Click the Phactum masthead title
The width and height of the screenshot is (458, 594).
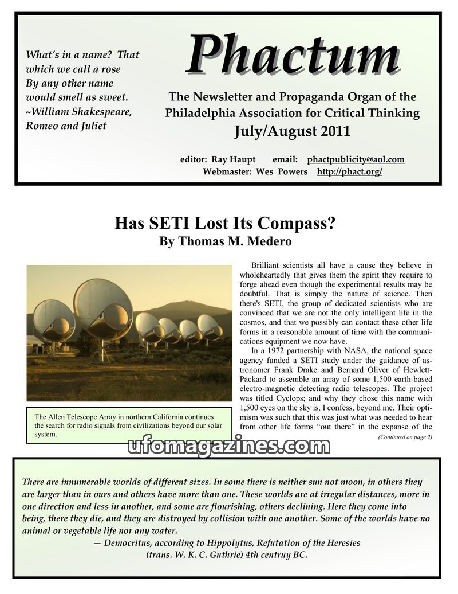(292, 56)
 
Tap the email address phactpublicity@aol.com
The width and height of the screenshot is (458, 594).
(356, 159)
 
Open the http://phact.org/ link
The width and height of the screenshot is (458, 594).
(349, 171)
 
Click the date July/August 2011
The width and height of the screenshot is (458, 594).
(292, 131)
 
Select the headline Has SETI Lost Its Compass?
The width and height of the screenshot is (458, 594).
(225, 222)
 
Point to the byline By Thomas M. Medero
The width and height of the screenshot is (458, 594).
(225, 241)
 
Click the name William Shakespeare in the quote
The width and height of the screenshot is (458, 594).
(82, 111)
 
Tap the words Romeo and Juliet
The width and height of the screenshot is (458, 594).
(66, 126)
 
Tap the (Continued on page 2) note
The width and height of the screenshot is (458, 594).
(405, 437)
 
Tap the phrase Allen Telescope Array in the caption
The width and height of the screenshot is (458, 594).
(86, 417)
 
